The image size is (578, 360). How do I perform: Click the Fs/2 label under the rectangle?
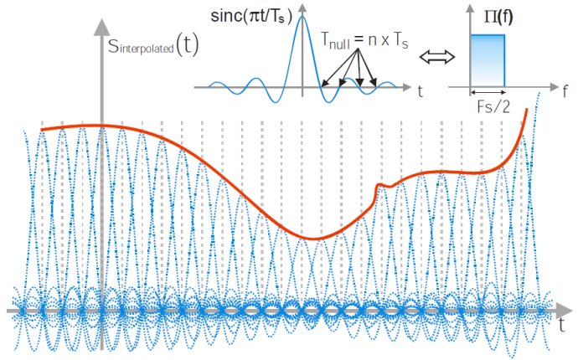point(488,106)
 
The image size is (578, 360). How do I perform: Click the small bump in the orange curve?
point(383,184)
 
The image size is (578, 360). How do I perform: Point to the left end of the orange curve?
point(42,130)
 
